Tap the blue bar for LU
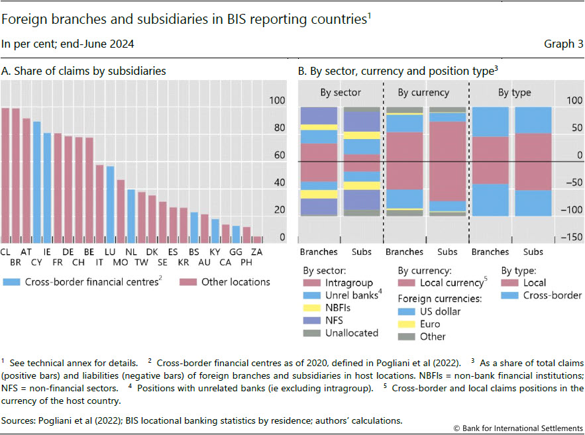point(110,205)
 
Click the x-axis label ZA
point(258,252)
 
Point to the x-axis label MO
point(121,263)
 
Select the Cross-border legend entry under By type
point(552,295)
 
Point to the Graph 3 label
point(558,45)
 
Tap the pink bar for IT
point(99,204)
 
